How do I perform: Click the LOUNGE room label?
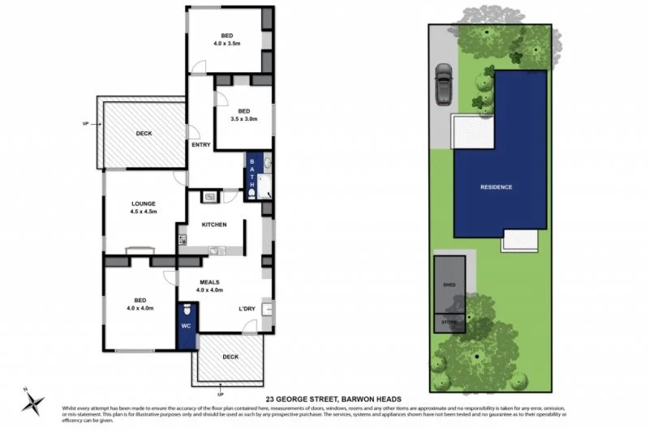(143, 203)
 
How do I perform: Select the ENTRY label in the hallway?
(200, 145)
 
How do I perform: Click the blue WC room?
(187, 327)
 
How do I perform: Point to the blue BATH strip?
(252, 174)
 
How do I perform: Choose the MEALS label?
(209, 282)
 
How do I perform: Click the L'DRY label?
(247, 309)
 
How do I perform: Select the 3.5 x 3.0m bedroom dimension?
(243, 119)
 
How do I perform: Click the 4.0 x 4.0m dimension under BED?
(140, 308)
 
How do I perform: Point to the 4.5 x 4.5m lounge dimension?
(143, 212)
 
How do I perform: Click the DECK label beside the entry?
(144, 134)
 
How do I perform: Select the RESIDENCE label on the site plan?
(496, 187)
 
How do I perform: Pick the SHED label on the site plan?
(449, 286)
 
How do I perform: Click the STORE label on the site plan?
(449, 323)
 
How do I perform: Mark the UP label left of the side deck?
(86, 124)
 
